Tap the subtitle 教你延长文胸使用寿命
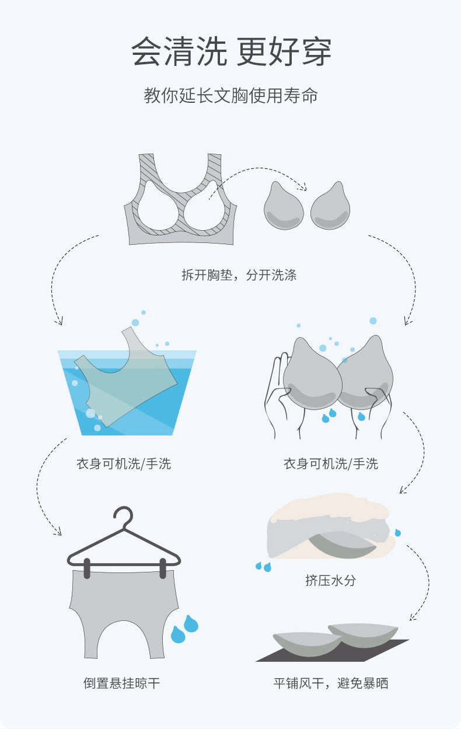pos(231,96)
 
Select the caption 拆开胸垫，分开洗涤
pos(239,275)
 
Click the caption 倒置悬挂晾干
pos(122,683)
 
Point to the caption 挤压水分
pos(330,580)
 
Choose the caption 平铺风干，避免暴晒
pos(331,683)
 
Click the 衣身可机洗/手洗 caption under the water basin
pos(124,464)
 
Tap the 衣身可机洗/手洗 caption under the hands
pos(331,464)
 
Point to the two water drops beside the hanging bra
pos(185,629)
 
